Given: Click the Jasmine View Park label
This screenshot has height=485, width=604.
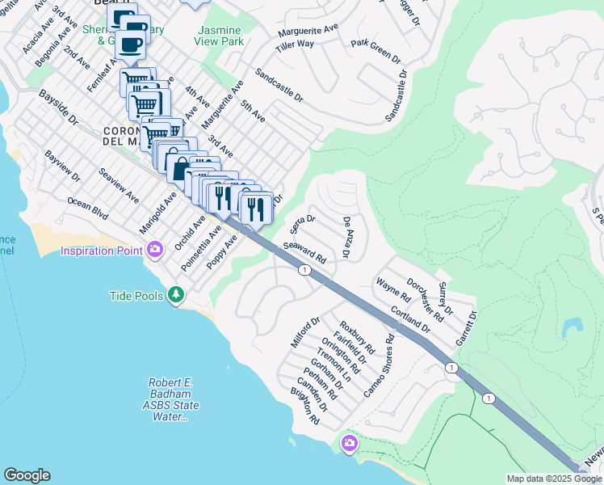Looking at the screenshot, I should (x=220, y=35).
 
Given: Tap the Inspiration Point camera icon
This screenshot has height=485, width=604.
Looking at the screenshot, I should (x=153, y=249).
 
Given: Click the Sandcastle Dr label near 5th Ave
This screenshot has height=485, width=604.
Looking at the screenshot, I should (x=279, y=85).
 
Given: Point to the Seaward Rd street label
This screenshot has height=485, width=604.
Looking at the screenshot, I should (x=304, y=253).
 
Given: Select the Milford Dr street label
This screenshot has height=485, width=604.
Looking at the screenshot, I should (x=301, y=332).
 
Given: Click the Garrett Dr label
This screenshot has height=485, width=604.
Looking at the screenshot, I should (x=466, y=328).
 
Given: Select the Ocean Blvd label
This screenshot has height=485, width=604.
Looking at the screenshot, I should (x=87, y=209).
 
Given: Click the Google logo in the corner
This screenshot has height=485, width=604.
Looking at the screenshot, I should (x=27, y=474).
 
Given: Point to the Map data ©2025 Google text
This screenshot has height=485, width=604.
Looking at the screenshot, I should (x=554, y=479).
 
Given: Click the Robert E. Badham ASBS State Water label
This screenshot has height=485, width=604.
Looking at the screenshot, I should (x=173, y=399).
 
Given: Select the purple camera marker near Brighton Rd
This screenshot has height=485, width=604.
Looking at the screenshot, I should (x=350, y=443).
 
